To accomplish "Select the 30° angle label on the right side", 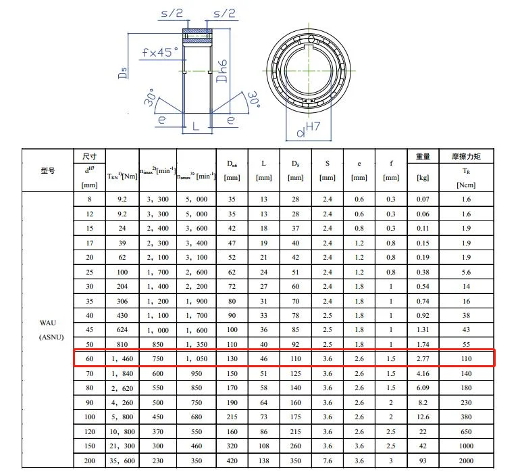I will (x=253, y=101).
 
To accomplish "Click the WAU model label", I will (x=47, y=323).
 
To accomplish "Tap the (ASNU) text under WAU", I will (x=47, y=337).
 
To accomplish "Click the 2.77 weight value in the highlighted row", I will (x=423, y=358).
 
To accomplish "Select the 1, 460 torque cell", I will (x=122, y=358).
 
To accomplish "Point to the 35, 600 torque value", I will (x=122, y=460).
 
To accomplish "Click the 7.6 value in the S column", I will (x=327, y=460).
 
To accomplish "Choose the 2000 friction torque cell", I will (x=465, y=460).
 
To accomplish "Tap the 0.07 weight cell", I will (x=423, y=199).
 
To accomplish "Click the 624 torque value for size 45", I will (x=122, y=329).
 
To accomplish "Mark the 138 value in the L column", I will (x=263, y=460).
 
